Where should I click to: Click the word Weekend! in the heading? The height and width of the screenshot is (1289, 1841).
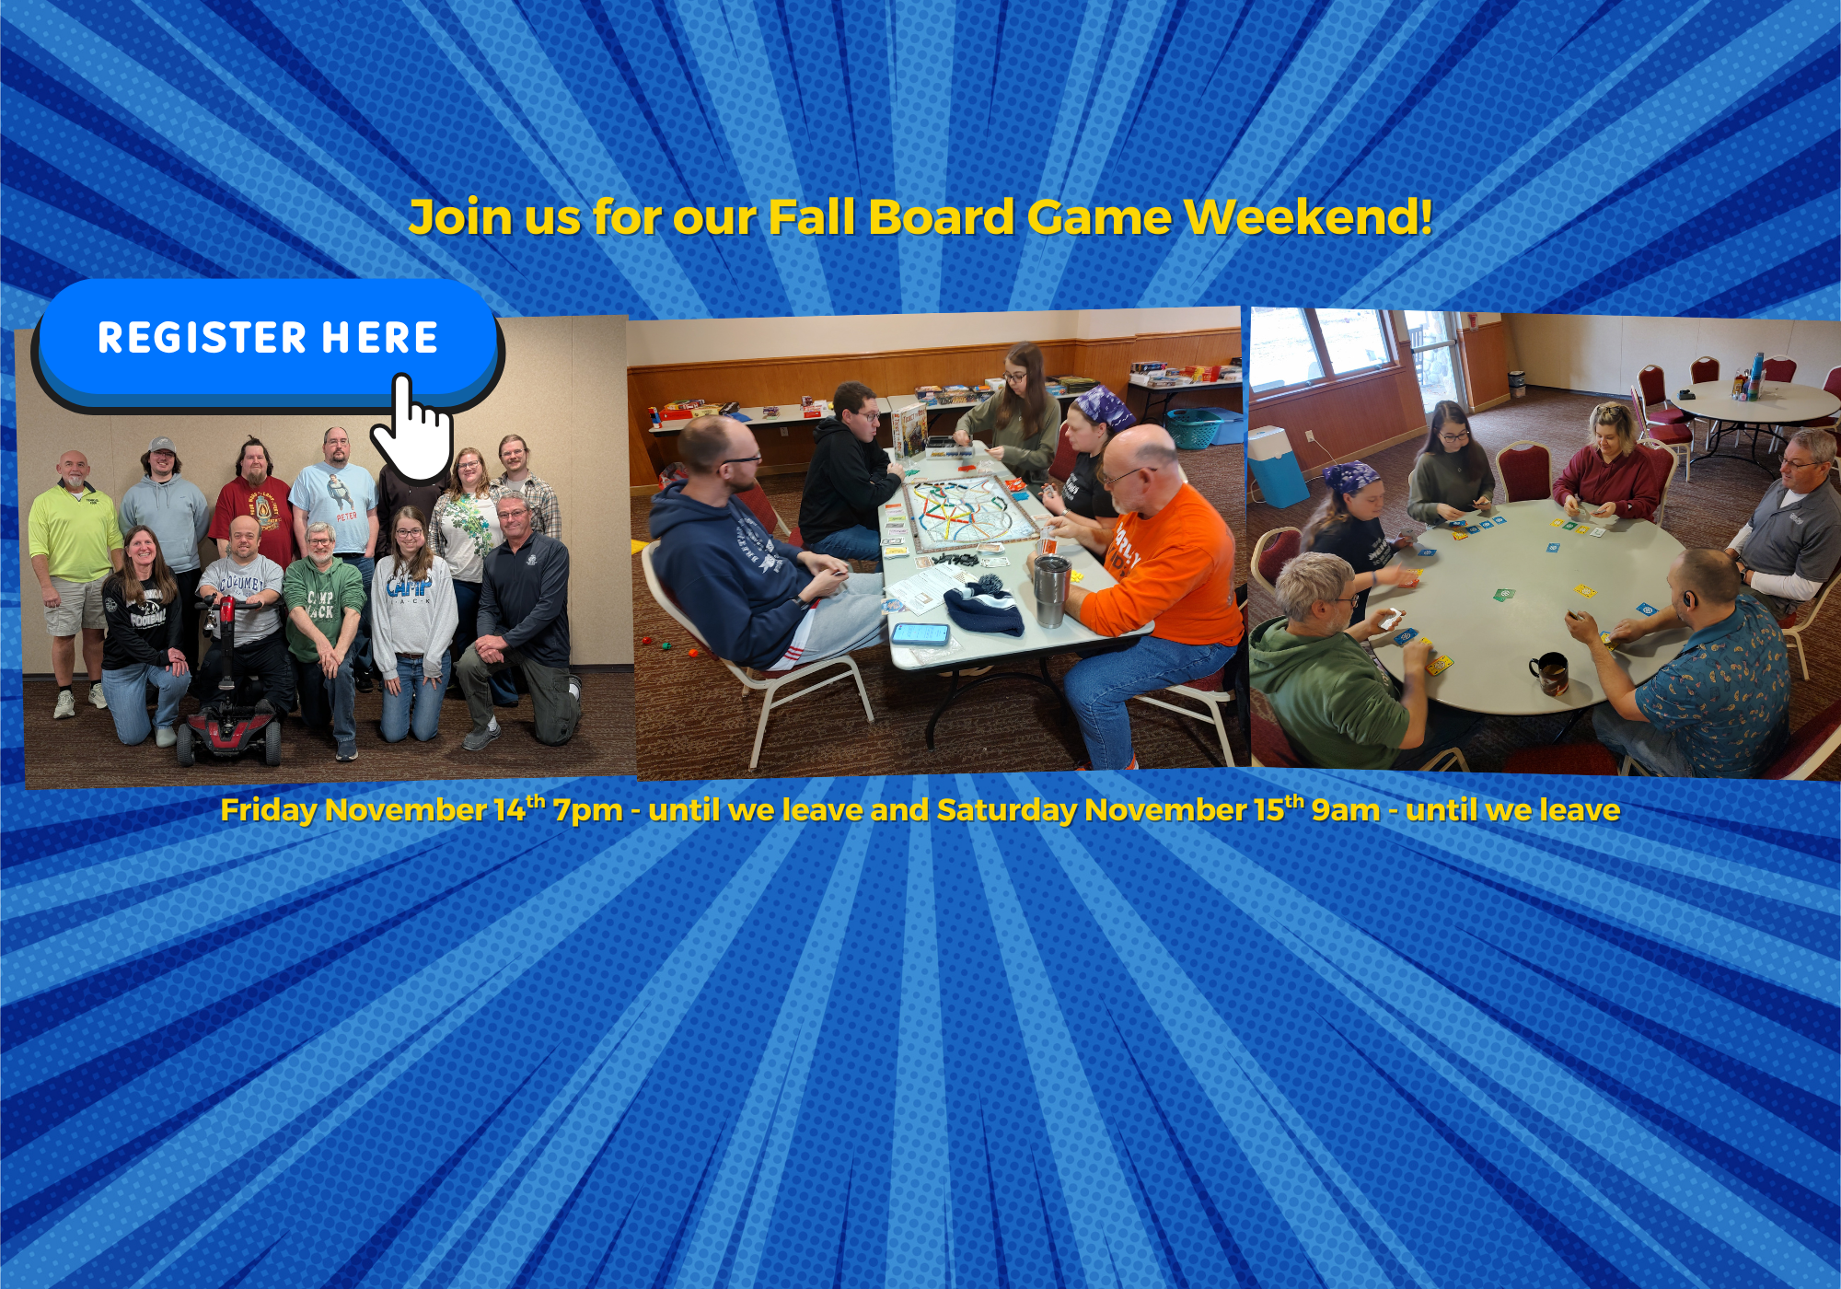[1308, 217]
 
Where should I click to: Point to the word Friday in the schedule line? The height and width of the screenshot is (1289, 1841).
[269, 810]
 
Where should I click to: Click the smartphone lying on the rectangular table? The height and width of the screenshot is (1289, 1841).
[920, 634]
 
